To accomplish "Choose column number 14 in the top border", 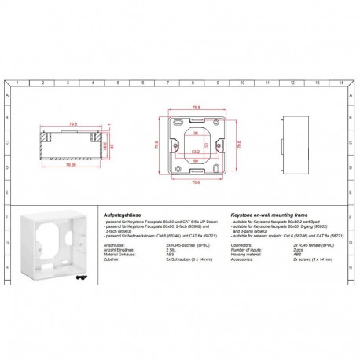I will (340, 83).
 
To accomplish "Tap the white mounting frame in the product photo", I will (53, 247).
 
